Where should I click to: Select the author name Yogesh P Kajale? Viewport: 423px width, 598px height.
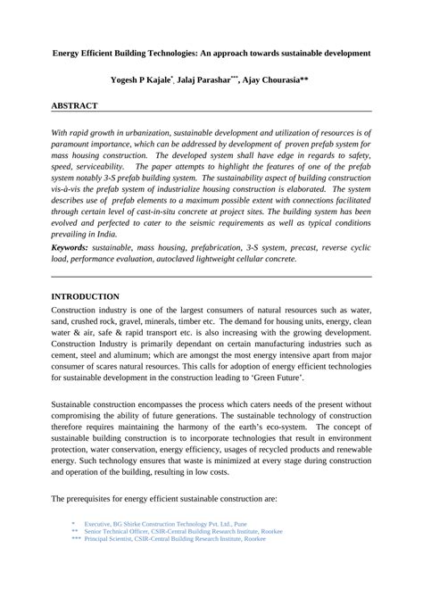pyautogui.click(x=143, y=80)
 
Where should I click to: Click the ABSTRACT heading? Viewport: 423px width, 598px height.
pyautogui.click(x=74, y=105)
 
